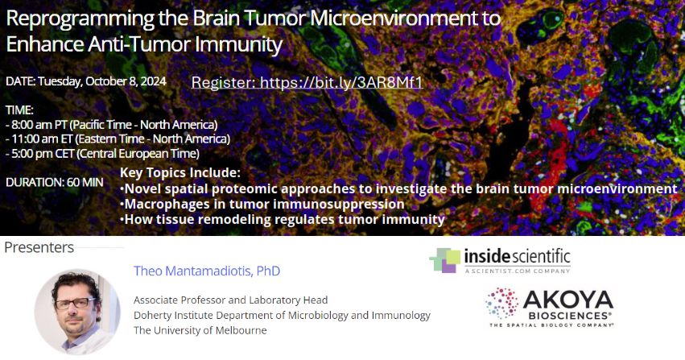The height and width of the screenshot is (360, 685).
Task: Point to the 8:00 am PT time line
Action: [112, 125]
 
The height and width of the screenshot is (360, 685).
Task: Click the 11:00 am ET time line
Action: [117, 139]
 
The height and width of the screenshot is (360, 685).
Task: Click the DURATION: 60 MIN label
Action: [54, 182]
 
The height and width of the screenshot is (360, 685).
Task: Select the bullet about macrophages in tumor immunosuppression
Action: [262, 204]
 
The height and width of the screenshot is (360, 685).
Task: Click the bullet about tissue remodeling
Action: [282, 219]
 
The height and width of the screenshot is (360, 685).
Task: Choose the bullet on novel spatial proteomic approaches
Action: [398, 188]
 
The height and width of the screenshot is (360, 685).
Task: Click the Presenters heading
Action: [39, 247]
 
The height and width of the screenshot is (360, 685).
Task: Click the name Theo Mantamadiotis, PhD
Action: [207, 271]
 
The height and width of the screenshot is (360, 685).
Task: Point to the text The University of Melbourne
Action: [200, 330]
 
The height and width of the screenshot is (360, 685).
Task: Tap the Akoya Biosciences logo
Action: [549, 307]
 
